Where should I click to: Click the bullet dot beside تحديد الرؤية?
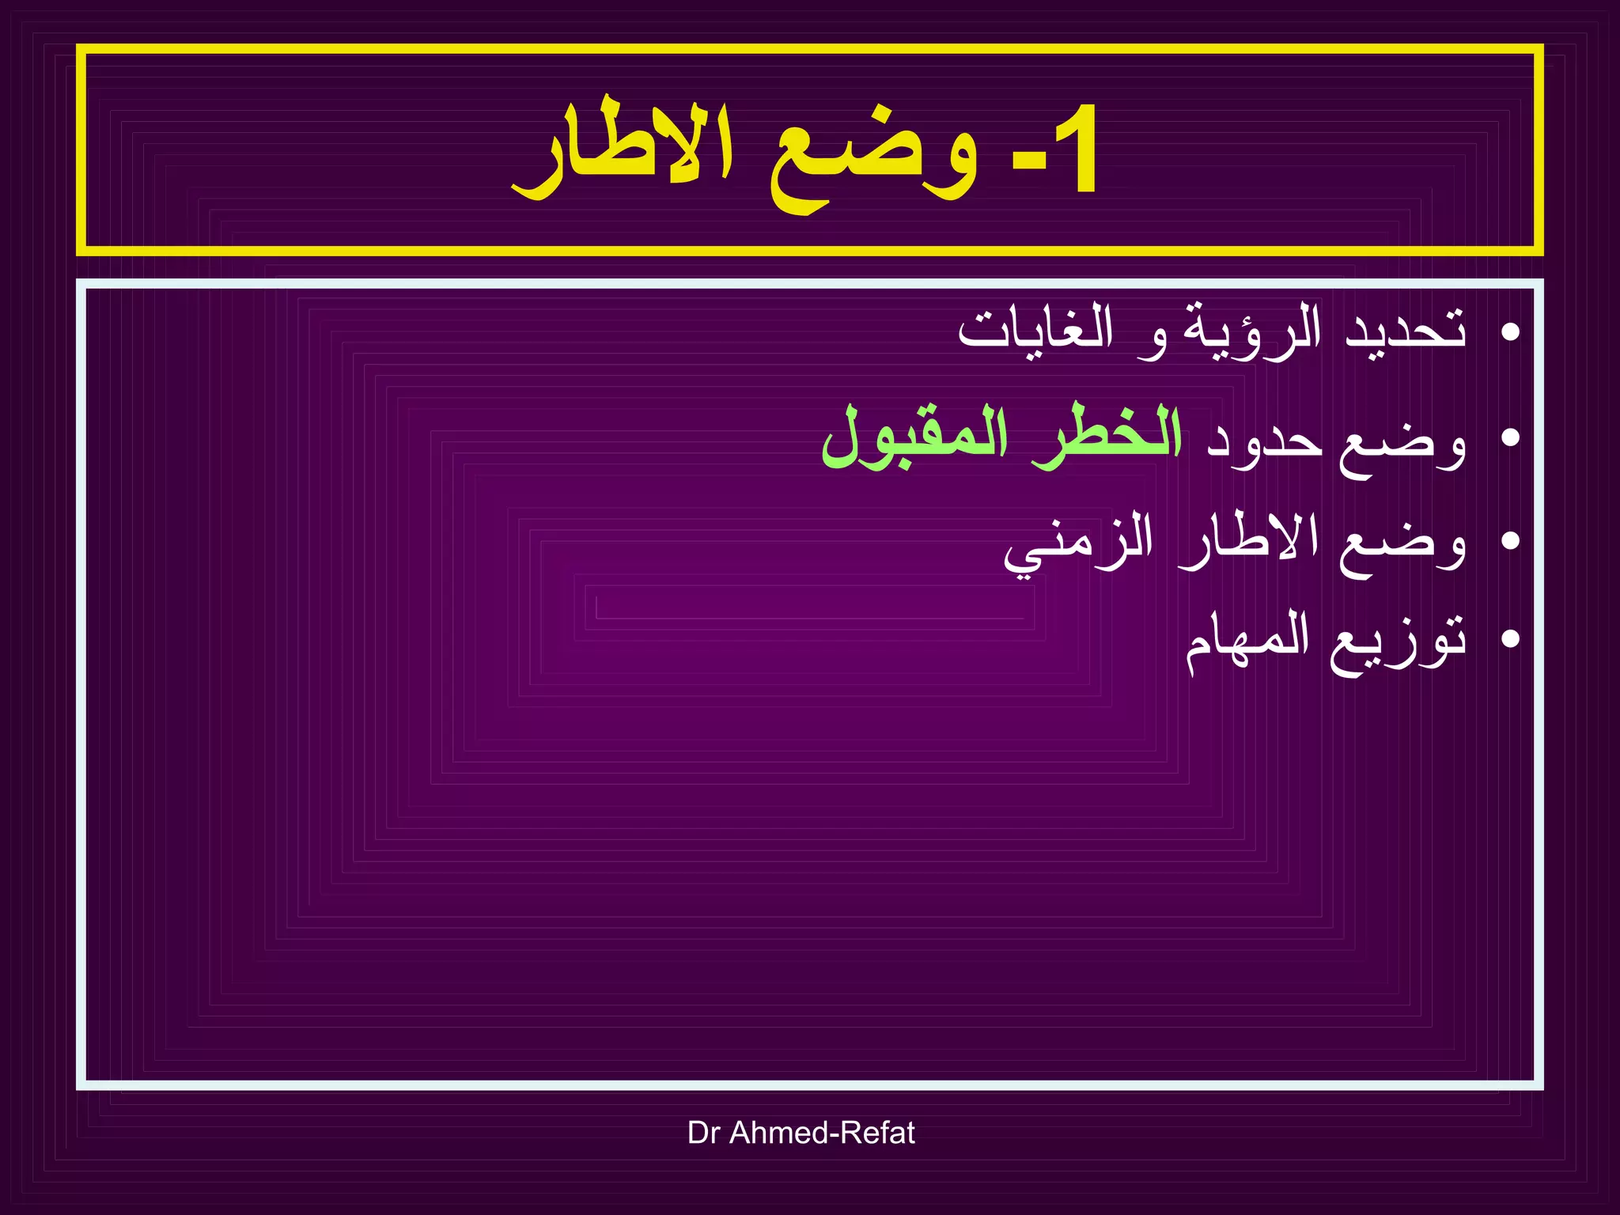[1509, 331]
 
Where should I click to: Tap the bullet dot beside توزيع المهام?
[1509, 639]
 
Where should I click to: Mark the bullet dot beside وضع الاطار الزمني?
[1509, 541]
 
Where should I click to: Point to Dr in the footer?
[703, 1133]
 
